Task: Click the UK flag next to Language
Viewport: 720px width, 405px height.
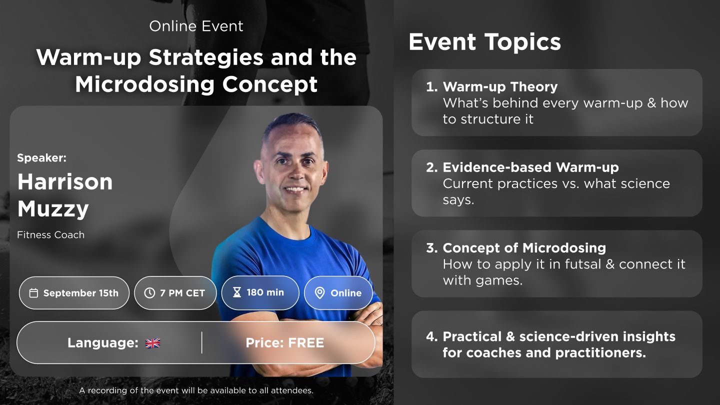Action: [152, 343]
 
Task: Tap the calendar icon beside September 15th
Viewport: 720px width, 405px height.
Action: [34, 293]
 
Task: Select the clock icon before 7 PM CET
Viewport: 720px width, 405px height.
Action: [149, 293]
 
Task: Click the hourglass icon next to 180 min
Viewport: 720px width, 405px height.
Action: [237, 292]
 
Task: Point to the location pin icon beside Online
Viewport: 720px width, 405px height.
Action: [319, 293]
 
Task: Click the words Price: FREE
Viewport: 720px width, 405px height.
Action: [285, 343]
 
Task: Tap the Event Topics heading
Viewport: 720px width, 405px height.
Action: [484, 42]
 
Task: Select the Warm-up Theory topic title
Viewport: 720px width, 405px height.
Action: [500, 87]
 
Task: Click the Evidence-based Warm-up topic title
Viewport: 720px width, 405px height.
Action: [530, 167]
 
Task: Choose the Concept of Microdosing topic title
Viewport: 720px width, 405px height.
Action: [524, 248]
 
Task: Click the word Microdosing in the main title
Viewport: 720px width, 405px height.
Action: [144, 84]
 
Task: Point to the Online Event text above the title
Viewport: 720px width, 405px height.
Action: [196, 26]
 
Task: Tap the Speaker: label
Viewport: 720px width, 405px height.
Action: [42, 158]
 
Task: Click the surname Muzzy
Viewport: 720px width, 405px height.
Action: [53, 209]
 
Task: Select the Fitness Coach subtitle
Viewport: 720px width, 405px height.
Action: [51, 235]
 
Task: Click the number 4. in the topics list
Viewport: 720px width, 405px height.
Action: [431, 336]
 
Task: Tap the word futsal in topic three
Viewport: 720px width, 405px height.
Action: [583, 264]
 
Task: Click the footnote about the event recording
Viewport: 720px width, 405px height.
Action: [196, 390]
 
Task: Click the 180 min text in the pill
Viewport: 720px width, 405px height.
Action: [265, 292]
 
